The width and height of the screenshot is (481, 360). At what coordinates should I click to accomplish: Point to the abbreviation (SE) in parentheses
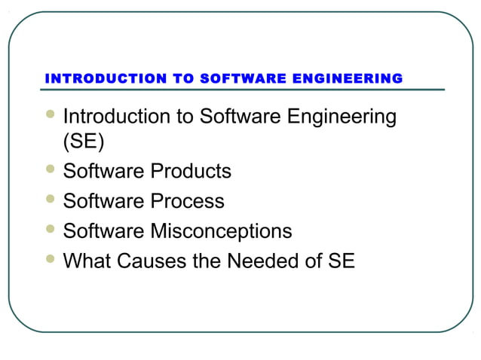[84, 142]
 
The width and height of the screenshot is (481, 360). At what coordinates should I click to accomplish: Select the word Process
[188, 202]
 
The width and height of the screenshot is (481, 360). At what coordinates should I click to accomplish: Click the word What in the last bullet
[85, 261]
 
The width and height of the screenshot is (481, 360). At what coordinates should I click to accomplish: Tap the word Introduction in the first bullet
[117, 117]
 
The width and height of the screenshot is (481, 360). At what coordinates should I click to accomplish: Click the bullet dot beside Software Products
[50, 169]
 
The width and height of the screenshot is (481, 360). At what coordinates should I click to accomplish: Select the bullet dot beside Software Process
[50, 200]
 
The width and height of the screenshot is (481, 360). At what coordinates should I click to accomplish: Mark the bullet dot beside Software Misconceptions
[50, 229]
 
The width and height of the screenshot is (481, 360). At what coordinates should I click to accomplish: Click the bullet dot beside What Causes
[50, 259]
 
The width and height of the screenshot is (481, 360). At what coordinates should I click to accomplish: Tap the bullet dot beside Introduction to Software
[50, 115]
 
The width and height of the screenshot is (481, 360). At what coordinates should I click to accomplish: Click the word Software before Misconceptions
[105, 231]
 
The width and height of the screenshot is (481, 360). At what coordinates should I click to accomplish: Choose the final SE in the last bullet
[341, 261]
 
